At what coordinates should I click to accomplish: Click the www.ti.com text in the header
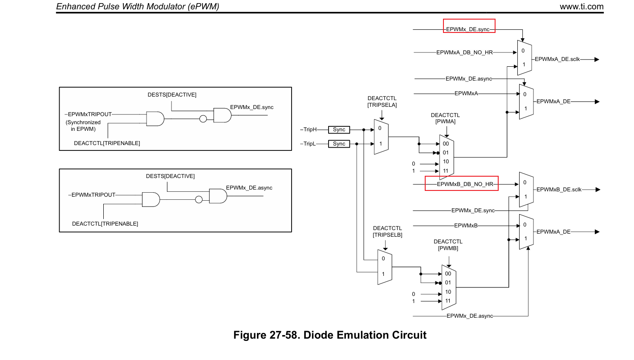click(x=581, y=6)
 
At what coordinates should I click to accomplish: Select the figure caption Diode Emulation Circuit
click(x=329, y=335)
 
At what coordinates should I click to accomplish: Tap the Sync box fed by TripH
click(x=339, y=129)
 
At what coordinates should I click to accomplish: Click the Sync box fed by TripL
click(x=339, y=144)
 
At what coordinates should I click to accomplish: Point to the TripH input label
click(x=310, y=129)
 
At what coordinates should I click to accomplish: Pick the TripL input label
click(x=310, y=144)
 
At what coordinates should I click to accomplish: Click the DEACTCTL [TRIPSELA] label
click(x=382, y=101)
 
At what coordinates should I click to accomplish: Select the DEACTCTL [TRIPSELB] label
click(x=387, y=231)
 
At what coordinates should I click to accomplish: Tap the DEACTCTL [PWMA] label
click(x=445, y=118)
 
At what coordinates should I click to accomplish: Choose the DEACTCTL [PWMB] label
click(x=448, y=245)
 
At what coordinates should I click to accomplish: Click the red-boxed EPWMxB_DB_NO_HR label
click(x=461, y=183)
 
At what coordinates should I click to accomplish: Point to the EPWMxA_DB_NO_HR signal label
click(x=464, y=53)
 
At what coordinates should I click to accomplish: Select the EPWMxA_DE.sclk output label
click(x=557, y=59)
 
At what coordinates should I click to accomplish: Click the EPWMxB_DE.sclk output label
click(x=559, y=190)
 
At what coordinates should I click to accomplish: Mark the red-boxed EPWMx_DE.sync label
click(x=468, y=29)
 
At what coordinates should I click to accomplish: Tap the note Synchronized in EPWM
click(x=83, y=125)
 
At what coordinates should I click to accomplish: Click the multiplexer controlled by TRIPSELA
click(x=381, y=137)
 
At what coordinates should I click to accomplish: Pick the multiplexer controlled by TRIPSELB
click(x=385, y=267)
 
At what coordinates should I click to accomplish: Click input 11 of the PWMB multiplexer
click(x=448, y=301)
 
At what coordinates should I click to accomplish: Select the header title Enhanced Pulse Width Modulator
click(x=138, y=6)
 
